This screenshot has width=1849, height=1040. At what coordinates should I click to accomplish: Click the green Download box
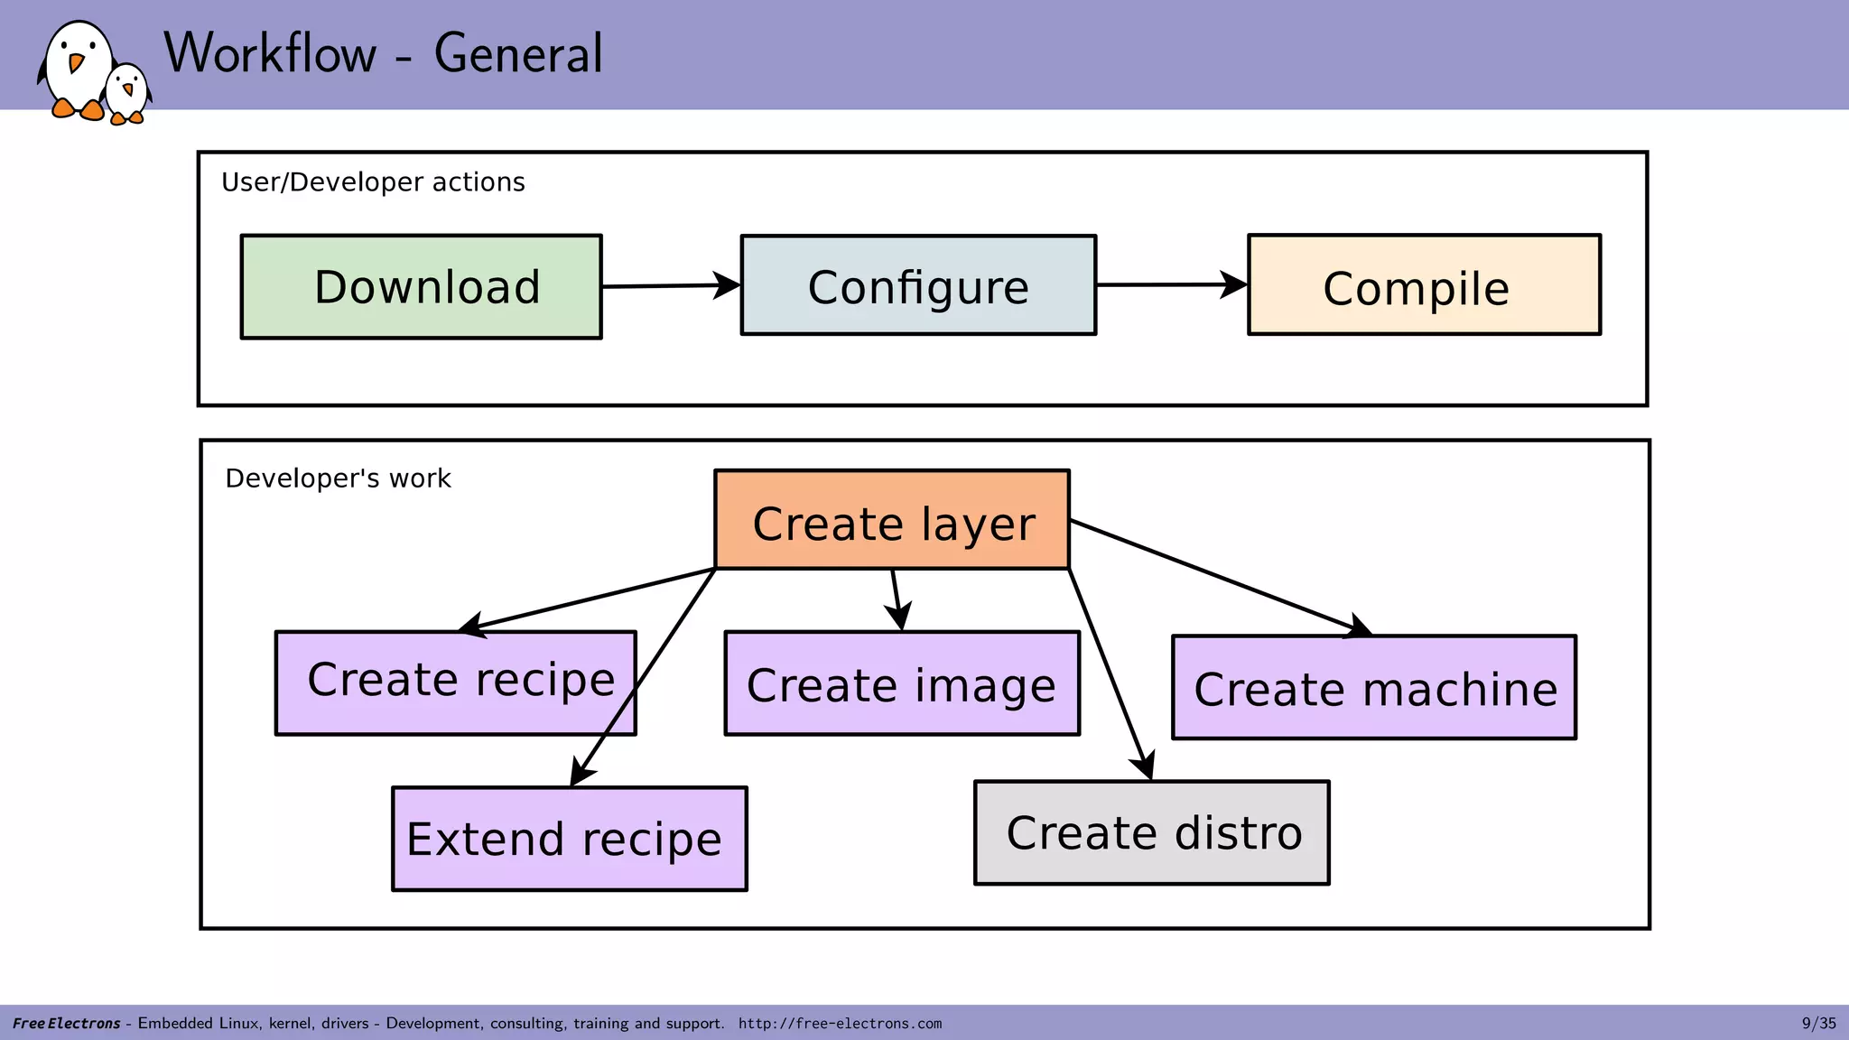[421, 287]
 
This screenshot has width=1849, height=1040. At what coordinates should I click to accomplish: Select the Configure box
[918, 285]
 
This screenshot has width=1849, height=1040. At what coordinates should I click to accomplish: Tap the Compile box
[1424, 285]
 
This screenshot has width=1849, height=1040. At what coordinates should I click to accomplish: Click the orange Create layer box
[892, 520]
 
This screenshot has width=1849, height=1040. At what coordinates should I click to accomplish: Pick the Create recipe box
[455, 683]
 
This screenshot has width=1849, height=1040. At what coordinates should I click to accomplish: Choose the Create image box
[901, 683]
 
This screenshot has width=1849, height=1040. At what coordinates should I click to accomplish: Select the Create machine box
[1373, 688]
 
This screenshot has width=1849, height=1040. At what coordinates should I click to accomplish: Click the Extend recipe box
[569, 839]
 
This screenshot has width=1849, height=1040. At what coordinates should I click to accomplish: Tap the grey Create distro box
[1151, 832]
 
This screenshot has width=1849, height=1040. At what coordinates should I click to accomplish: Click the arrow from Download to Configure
[670, 285]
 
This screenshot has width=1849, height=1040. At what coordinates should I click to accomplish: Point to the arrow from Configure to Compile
[1170, 284]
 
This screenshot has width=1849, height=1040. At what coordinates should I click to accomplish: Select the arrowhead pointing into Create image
[898, 617]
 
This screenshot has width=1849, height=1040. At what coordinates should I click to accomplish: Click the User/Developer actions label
[373, 182]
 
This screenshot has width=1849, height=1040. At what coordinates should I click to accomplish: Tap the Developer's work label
[338, 478]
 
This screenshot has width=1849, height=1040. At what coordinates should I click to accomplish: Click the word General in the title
[518, 54]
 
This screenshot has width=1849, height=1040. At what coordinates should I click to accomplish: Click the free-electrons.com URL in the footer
[840, 1024]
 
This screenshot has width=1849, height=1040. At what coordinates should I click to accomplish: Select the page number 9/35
[1818, 1024]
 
